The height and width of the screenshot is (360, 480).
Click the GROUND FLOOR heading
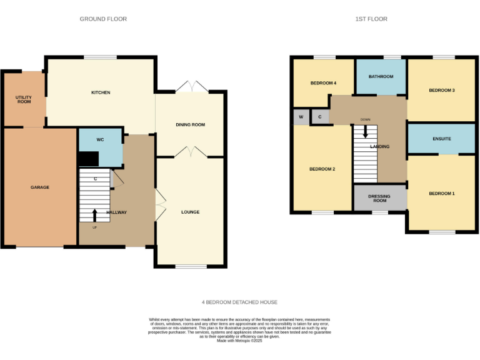pyautogui.click(x=103, y=19)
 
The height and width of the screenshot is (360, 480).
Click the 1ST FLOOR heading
pyautogui.click(x=371, y=19)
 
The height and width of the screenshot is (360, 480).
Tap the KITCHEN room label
pyautogui.click(x=101, y=92)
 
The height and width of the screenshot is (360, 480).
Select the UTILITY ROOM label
pyautogui.click(x=24, y=99)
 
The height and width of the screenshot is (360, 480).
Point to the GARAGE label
pyautogui.click(x=40, y=187)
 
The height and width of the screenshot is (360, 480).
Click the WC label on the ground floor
pyautogui.click(x=99, y=140)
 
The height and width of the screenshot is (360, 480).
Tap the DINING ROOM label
pyautogui.click(x=190, y=125)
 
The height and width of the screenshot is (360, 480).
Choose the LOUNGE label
pyautogui.click(x=190, y=212)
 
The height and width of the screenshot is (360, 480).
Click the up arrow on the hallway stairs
pyautogui.click(x=95, y=216)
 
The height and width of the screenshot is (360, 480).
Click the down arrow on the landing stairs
pyautogui.click(x=366, y=131)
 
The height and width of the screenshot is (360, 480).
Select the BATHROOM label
pyautogui.click(x=381, y=77)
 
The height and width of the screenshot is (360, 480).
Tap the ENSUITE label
pyautogui.click(x=441, y=139)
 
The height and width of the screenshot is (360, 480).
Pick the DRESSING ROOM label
pyautogui.click(x=379, y=199)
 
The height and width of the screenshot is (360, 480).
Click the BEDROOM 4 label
pyautogui.click(x=323, y=83)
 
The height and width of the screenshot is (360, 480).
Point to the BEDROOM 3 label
pyautogui.click(x=441, y=91)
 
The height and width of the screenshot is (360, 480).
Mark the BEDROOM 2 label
pyautogui.click(x=322, y=169)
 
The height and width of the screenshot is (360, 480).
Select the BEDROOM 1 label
pyautogui.click(x=441, y=194)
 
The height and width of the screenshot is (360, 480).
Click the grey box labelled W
pyautogui.click(x=301, y=117)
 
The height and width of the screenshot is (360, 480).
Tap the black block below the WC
pyautogui.click(x=88, y=159)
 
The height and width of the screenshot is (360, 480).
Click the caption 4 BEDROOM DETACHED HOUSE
pyautogui.click(x=239, y=302)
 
